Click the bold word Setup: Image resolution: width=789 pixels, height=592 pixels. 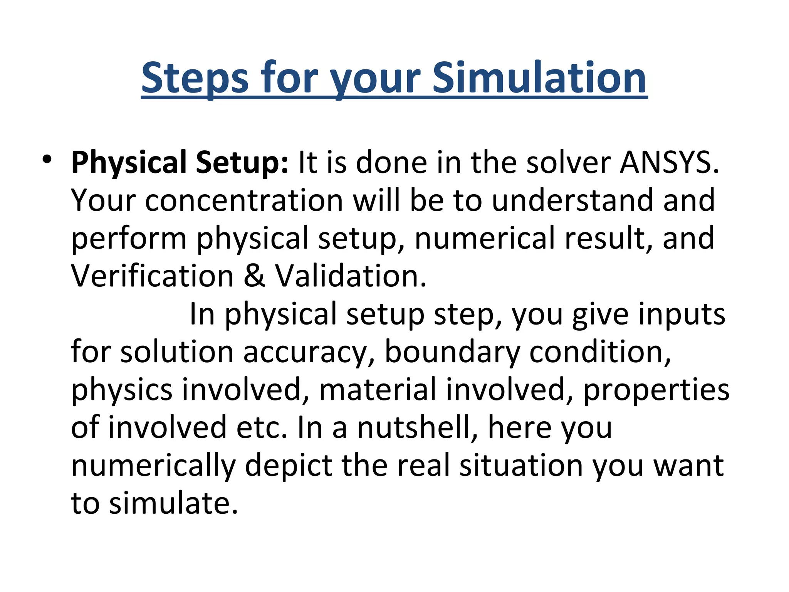[x=242, y=163]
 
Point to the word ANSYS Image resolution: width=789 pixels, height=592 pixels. [x=669, y=163]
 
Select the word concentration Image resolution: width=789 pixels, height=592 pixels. [x=244, y=200]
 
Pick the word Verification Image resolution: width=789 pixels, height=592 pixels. [x=153, y=276]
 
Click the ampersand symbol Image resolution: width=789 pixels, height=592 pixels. [x=254, y=276]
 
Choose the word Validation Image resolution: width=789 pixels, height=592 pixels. [x=351, y=276]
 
